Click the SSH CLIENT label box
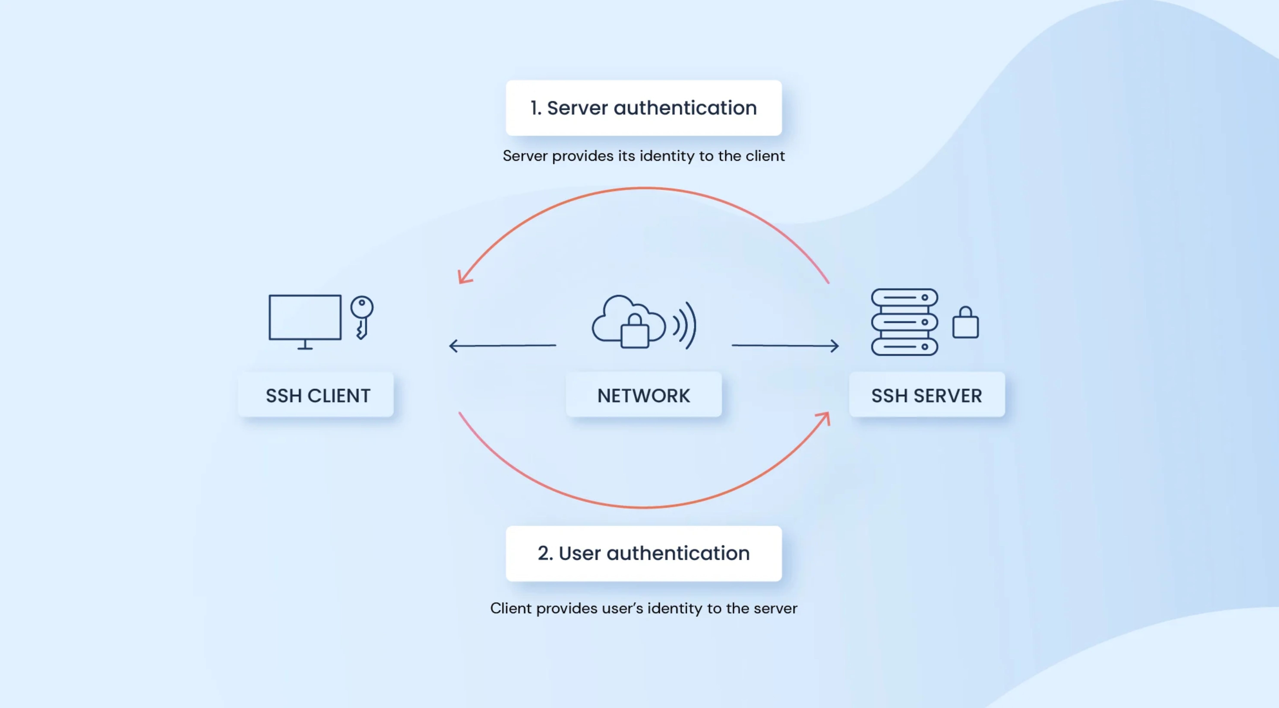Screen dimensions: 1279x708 pyautogui.click(x=316, y=395)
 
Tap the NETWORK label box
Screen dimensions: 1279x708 pyautogui.click(x=643, y=395)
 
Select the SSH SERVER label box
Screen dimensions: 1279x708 pyautogui.click(x=926, y=395)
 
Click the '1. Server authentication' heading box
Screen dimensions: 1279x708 pyautogui.click(x=643, y=108)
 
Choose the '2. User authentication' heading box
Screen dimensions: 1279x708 pyautogui.click(x=643, y=553)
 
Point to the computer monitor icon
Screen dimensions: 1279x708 pyautogui.click(x=305, y=322)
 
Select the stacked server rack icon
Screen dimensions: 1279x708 pyautogui.click(x=905, y=322)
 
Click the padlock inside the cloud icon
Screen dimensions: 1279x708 pyautogui.click(x=634, y=331)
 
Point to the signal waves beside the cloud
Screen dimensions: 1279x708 pyautogui.click(x=685, y=325)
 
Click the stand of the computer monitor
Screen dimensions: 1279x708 pyautogui.click(x=305, y=345)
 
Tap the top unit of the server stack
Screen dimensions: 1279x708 pyautogui.click(x=905, y=297)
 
